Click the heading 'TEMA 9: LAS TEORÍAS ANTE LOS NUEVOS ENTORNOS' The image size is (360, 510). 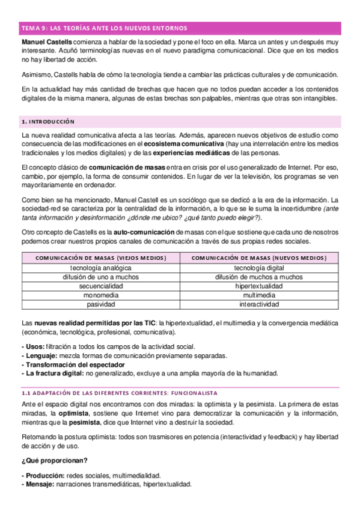click(x=104, y=28)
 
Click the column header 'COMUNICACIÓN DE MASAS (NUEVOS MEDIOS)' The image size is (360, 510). click(x=259, y=258)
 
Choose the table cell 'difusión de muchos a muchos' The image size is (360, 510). click(x=259, y=277)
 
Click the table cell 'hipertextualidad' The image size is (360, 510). click(x=259, y=287)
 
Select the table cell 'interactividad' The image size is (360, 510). click(x=259, y=305)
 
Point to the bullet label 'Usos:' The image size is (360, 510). click(x=32, y=347)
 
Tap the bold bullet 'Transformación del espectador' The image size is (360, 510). click(x=70, y=364)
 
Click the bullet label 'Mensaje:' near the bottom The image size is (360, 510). click(x=38, y=484)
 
